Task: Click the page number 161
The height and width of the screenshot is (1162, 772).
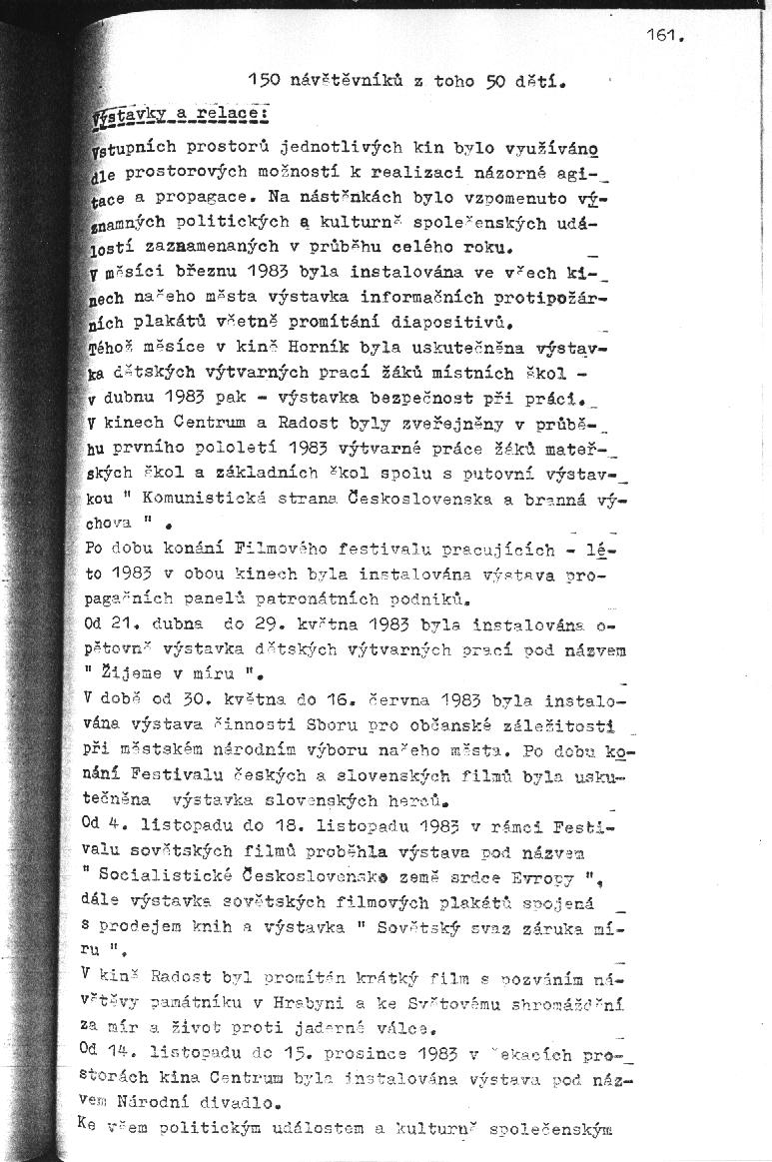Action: [x=663, y=35]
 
